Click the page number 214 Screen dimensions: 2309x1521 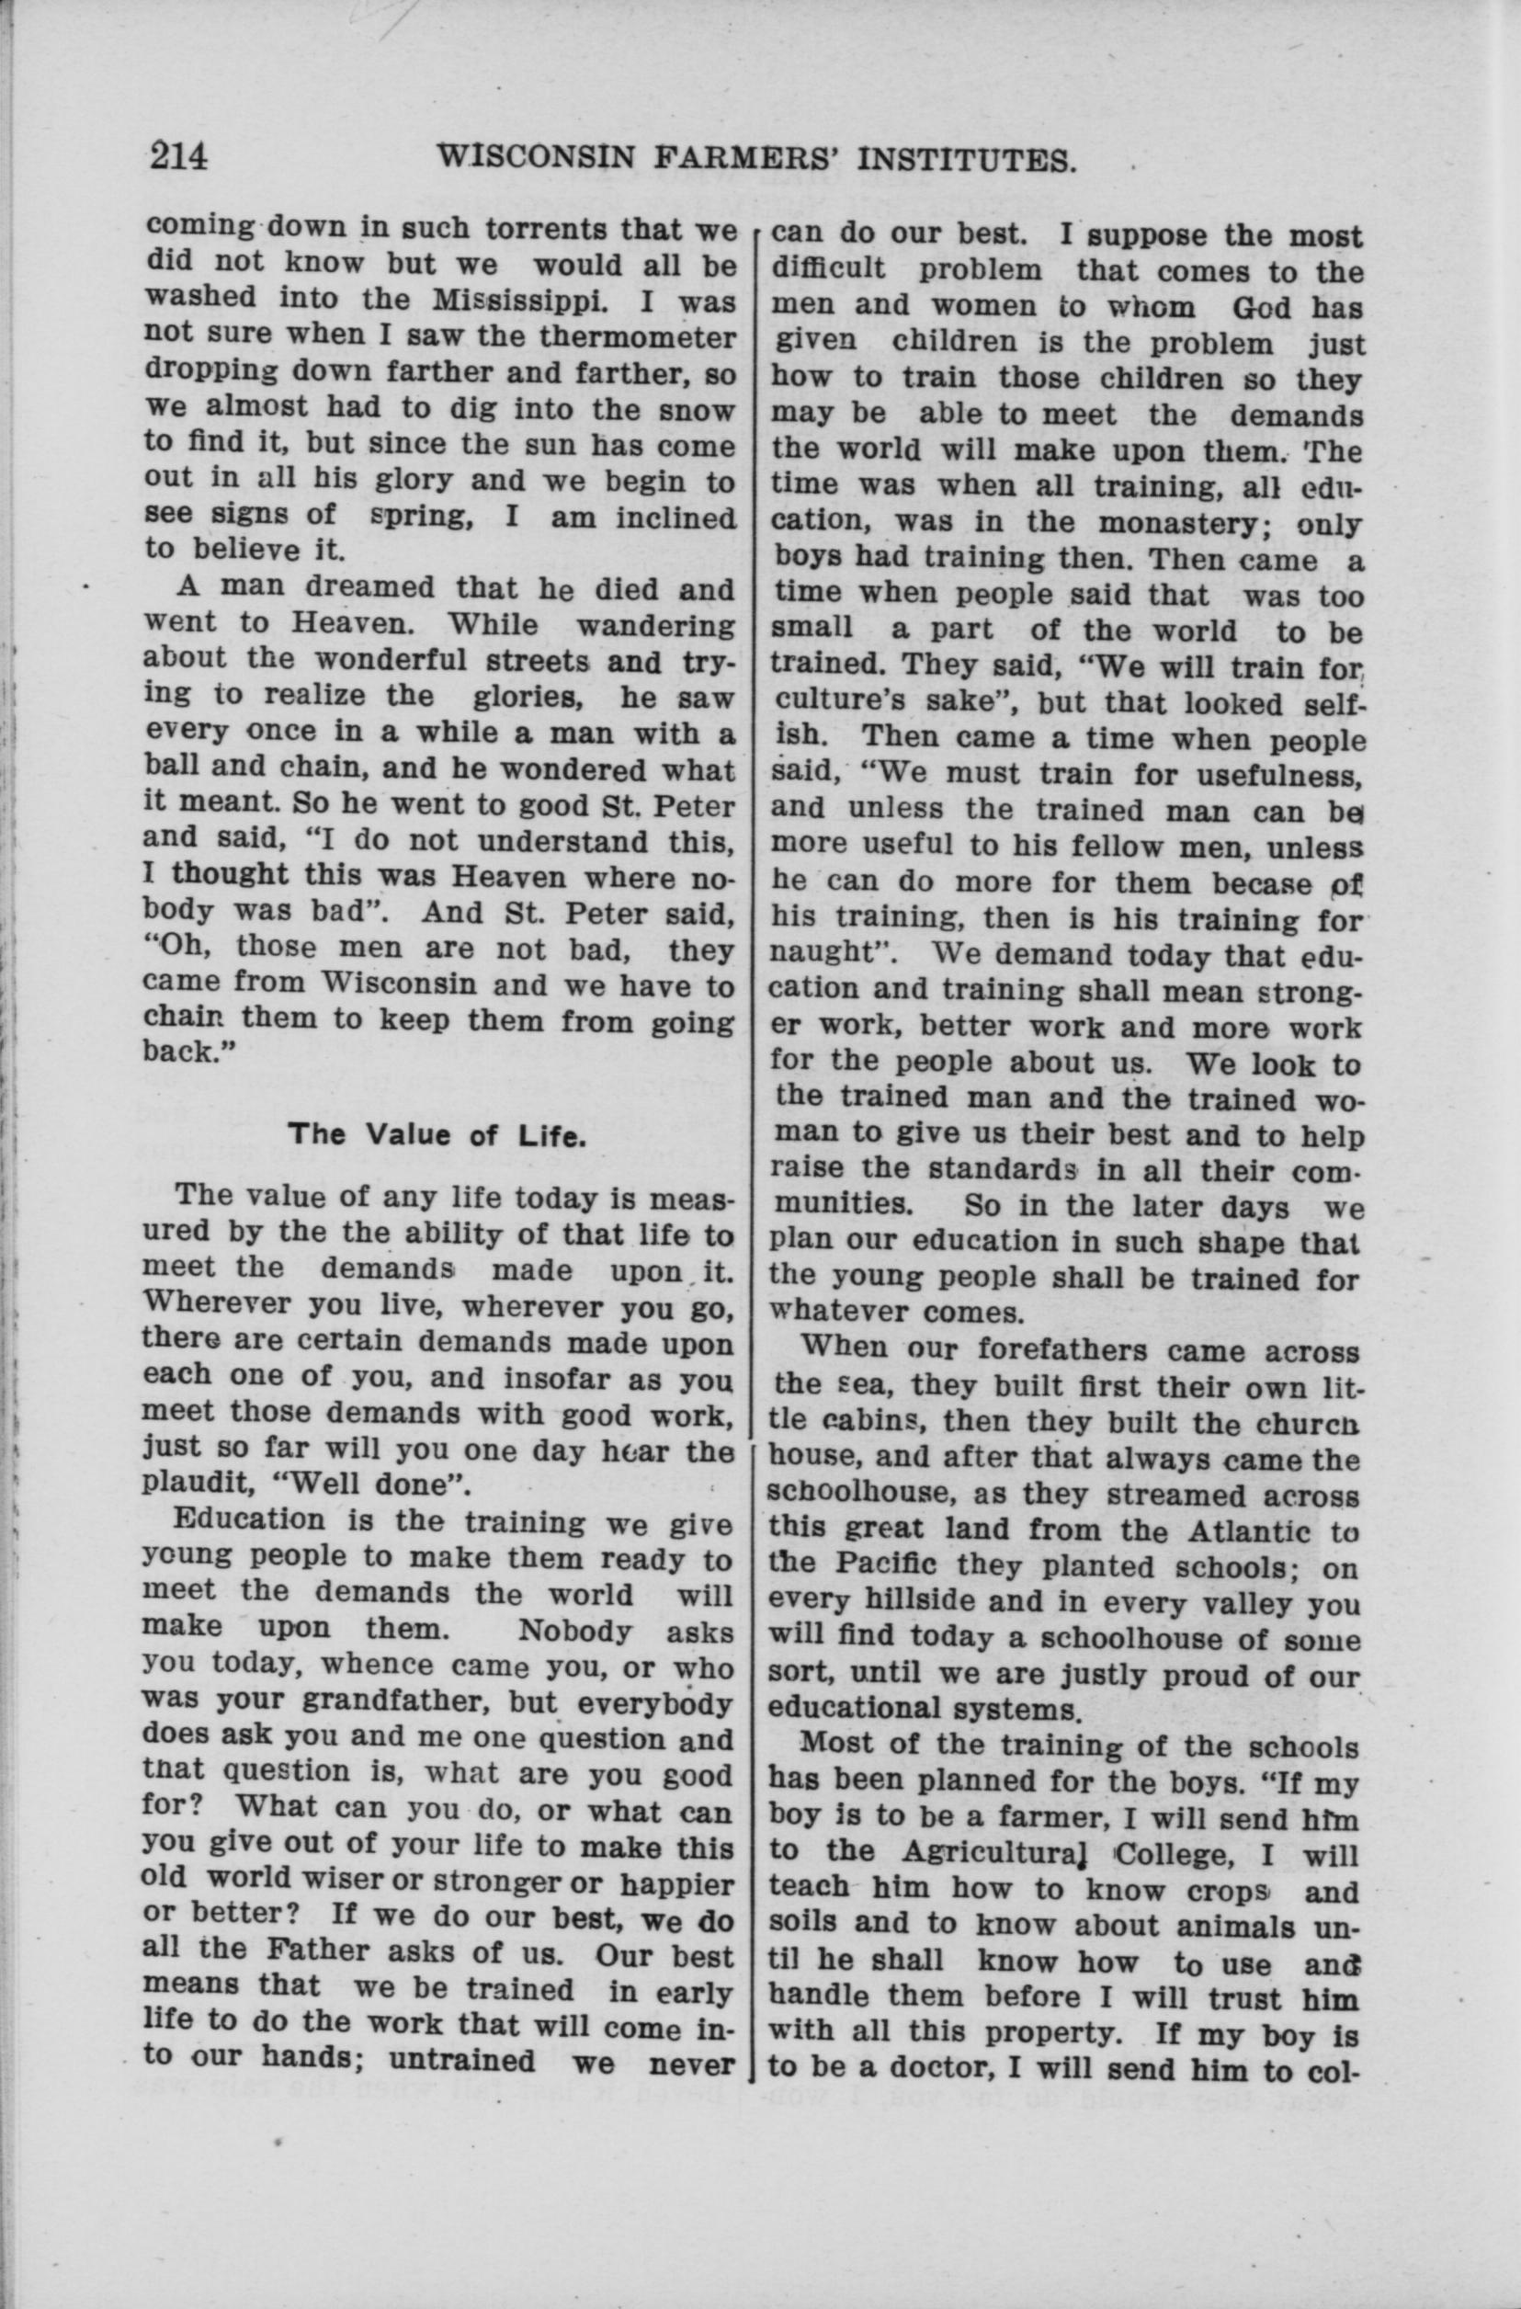pos(178,155)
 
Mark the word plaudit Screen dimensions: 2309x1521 pos(187,1485)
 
